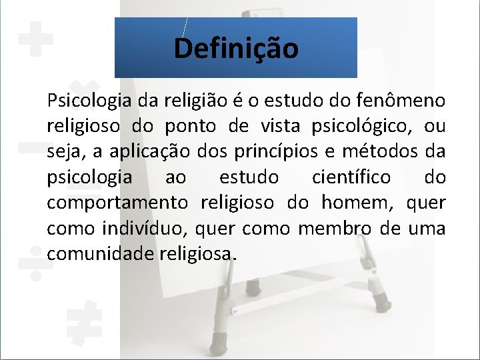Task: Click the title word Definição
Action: click(x=236, y=49)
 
